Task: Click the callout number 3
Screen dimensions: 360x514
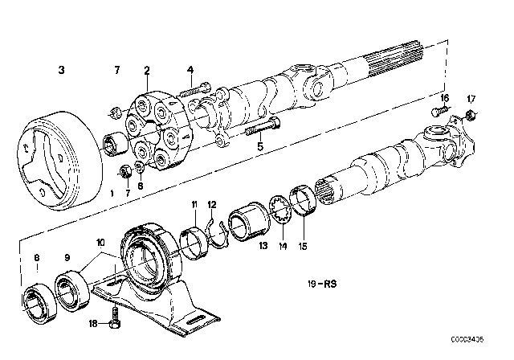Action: point(61,71)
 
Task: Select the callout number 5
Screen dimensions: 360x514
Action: point(259,146)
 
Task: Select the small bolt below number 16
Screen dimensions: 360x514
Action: point(443,121)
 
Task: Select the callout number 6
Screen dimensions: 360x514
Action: point(141,183)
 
